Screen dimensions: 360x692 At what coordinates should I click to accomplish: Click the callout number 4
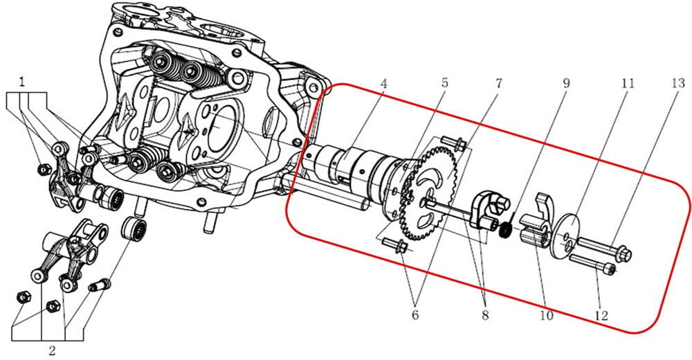383,82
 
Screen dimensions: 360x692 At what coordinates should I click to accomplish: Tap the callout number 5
444,82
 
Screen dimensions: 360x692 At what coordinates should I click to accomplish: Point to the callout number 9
565,82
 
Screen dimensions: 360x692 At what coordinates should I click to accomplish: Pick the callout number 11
628,82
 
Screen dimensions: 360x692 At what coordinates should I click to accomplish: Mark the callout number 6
415,315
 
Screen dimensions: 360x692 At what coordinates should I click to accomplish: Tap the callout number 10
547,315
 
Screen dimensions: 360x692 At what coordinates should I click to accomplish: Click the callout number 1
22,82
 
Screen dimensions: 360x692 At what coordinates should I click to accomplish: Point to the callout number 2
52,350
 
